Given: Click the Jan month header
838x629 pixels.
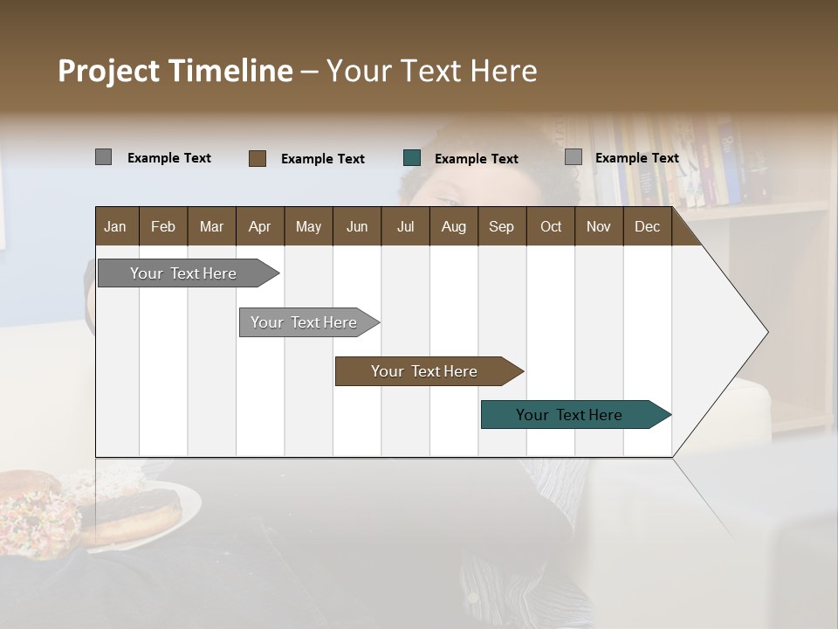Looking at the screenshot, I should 115,227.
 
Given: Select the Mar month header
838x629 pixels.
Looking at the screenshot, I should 211,227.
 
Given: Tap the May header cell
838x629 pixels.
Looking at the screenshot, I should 308,227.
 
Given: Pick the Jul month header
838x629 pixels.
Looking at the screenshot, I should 405,227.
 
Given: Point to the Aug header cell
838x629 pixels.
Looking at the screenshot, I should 453,227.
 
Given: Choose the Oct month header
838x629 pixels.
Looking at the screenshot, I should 551,227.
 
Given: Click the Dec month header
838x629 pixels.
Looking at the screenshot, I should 647,227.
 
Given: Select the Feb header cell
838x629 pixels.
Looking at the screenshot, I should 163,227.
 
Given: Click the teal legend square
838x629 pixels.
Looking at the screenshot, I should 412,158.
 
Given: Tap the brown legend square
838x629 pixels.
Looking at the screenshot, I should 258,158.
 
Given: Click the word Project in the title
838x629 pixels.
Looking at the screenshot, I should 109,71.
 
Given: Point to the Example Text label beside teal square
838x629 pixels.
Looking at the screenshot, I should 476,159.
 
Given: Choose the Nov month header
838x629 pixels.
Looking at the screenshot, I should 598,227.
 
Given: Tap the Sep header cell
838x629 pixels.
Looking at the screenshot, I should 501,227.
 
